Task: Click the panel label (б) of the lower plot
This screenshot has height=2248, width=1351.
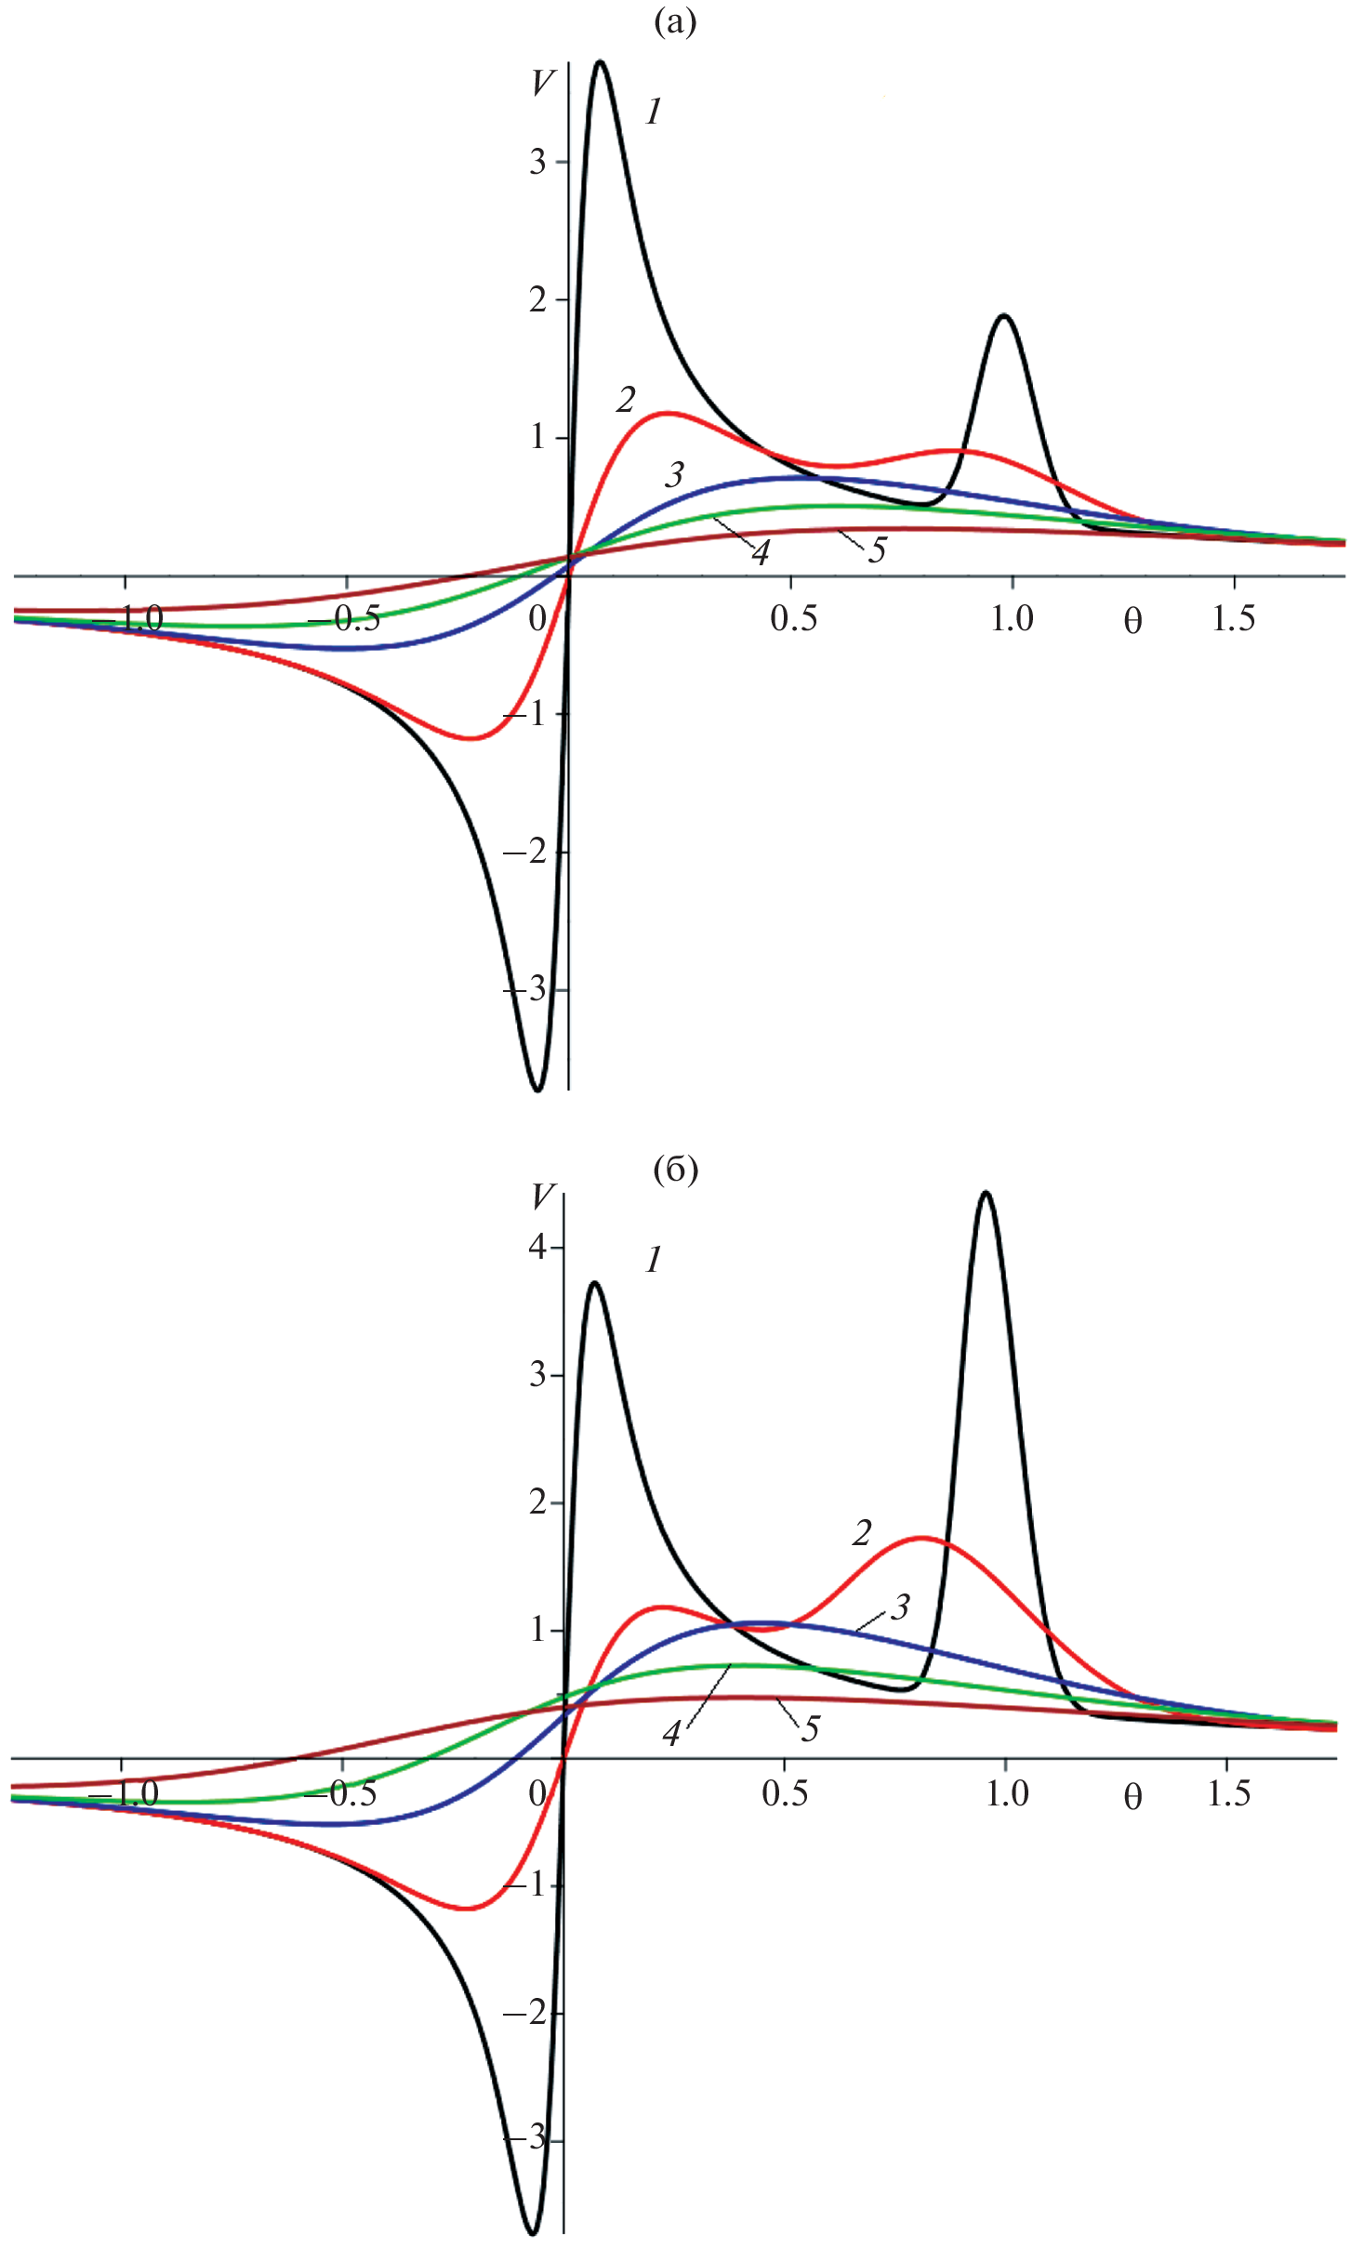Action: pyautogui.click(x=675, y=1170)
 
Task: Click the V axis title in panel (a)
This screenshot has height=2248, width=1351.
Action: pyautogui.click(x=542, y=84)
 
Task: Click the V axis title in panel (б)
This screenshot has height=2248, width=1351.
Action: pyautogui.click(x=542, y=1197)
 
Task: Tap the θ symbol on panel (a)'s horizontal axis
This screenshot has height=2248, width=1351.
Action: pyautogui.click(x=1132, y=621)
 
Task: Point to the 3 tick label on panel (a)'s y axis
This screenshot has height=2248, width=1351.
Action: pyautogui.click(x=537, y=163)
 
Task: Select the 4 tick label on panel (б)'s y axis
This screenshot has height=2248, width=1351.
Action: pyautogui.click(x=537, y=1247)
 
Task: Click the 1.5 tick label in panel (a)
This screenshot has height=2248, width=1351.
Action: pyautogui.click(x=1233, y=619)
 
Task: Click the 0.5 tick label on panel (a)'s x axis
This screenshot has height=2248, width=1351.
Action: pyautogui.click(x=793, y=619)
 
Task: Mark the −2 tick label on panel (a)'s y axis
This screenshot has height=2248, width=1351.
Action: pyautogui.click(x=524, y=853)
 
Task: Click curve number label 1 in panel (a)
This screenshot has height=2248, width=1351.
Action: pyautogui.click(x=654, y=112)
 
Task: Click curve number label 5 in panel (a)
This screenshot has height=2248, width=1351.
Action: pyautogui.click(x=877, y=550)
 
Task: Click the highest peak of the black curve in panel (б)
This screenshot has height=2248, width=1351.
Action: pyautogui.click(x=986, y=1193)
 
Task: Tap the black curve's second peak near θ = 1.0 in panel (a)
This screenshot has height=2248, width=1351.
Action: pyautogui.click(x=1004, y=316)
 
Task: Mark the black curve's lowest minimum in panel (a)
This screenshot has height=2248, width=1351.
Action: pyautogui.click(x=537, y=1090)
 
